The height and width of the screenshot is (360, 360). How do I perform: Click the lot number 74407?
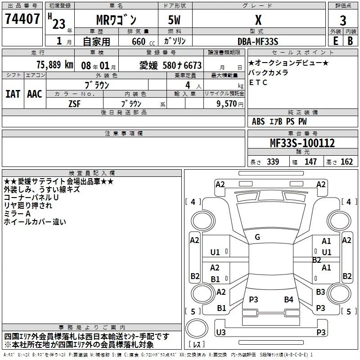coord(22,19)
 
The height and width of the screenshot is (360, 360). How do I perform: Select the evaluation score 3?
coord(343,21)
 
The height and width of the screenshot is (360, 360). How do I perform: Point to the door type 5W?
coord(175,21)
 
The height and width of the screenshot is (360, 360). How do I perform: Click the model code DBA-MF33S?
coord(258,41)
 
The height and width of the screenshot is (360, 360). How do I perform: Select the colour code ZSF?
coord(75,103)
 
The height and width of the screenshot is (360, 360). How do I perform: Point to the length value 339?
coord(273,162)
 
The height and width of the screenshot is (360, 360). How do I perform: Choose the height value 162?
coord(346,162)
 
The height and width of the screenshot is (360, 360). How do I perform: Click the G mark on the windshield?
coord(257,237)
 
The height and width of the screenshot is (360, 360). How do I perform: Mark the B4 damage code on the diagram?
coord(288,300)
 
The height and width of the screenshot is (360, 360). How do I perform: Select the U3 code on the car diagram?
coord(220,332)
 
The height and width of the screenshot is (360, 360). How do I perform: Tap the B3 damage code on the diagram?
coord(320,292)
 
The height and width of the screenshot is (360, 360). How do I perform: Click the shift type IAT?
coord(13,94)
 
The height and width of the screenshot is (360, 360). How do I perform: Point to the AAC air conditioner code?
coord(34,94)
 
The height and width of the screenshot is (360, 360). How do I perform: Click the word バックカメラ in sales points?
coord(268,73)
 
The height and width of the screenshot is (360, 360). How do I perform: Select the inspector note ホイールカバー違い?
coord(35,221)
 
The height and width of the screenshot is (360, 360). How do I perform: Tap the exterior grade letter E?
coord(335,41)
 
